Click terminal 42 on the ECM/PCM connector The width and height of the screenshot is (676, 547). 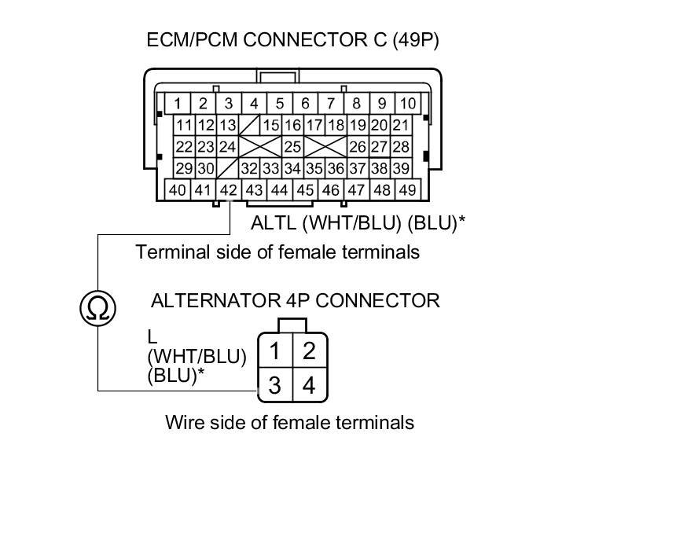(x=228, y=189)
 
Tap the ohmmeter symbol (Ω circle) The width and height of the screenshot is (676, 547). (x=97, y=308)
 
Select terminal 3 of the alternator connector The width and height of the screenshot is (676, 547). (x=275, y=385)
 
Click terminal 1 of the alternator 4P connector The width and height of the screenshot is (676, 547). (x=275, y=351)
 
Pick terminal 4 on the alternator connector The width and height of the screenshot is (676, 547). (x=309, y=385)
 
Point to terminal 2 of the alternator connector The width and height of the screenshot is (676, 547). (x=309, y=351)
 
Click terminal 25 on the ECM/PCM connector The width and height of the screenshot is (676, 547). (x=292, y=147)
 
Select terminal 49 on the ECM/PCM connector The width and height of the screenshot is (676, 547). (x=407, y=189)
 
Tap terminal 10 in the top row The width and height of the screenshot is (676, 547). (x=407, y=104)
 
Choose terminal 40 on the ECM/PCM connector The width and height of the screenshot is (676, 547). (x=178, y=189)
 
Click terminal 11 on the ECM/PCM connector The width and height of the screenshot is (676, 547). (x=184, y=126)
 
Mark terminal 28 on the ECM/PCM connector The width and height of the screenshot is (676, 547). (x=401, y=147)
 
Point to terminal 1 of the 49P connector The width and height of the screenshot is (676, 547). (x=178, y=104)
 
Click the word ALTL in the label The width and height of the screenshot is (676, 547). (x=274, y=222)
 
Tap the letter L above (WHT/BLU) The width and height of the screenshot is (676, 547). (x=152, y=336)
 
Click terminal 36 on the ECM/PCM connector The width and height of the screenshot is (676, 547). (x=336, y=168)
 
